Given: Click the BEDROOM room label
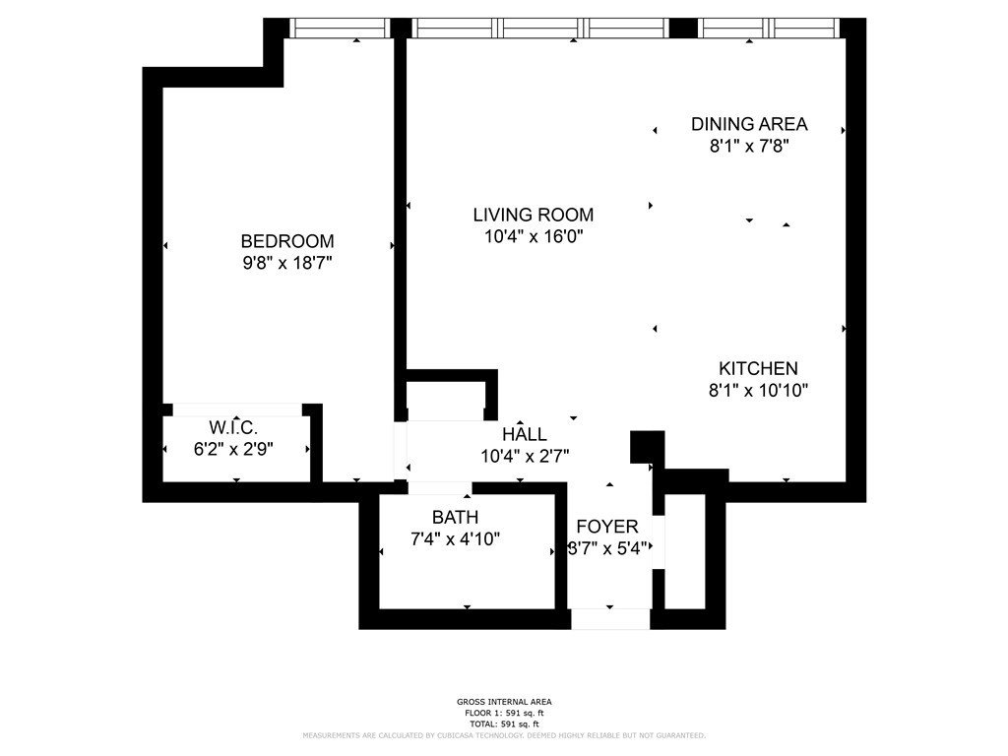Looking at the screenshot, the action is [x=287, y=241].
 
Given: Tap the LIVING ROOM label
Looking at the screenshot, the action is [x=534, y=215].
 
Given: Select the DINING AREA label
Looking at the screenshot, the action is [x=749, y=124].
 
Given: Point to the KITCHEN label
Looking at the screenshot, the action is [x=758, y=368].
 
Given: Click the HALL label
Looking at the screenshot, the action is [x=525, y=434].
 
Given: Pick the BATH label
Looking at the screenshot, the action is [x=455, y=517].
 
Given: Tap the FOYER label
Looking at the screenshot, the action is [x=606, y=527].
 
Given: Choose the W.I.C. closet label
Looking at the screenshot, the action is [x=233, y=427].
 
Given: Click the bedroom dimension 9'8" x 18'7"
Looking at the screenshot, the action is [x=287, y=263].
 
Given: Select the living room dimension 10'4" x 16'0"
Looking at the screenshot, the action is [x=534, y=236].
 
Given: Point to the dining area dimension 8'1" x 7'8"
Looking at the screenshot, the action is [x=749, y=146].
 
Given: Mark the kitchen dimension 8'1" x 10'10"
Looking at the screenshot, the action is [x=758, y=390].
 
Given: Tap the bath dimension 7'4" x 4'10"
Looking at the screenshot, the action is [x=455, y=538].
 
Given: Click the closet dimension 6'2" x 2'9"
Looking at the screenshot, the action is [x=233, y=449].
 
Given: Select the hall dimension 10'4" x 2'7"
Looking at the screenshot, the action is [x=525, y=457].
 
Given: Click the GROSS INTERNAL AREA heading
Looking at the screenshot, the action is [x=504, y=702].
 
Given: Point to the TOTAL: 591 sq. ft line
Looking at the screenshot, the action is [x=504, y=724].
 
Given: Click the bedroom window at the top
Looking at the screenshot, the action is [x=340, y=28].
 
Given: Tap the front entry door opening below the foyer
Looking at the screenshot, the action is [x=610, y=619].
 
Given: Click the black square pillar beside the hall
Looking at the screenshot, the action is [x=648, y=447].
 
